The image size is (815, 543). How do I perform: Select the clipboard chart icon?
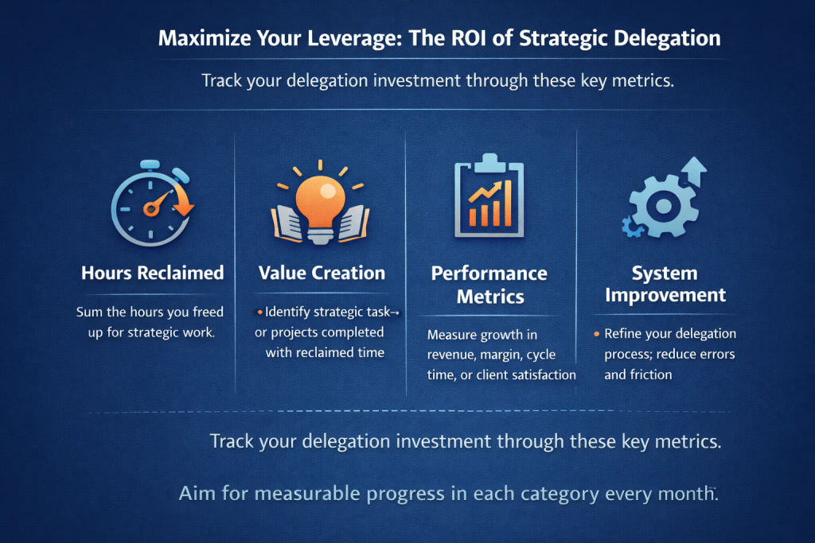[x=489, y=199]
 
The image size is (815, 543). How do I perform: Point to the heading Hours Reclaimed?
[x=152, y=273]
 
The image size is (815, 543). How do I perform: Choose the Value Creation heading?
[x=322, y=273]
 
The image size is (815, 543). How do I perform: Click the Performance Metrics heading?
[x=489, y=285]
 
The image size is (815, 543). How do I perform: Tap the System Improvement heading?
[x=665, y=285]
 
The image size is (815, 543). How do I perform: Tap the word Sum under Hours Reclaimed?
[x=88, y=312]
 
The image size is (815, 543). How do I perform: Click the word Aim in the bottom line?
[x=197, y=494]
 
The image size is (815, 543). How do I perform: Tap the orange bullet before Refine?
[x=596, y=334]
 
